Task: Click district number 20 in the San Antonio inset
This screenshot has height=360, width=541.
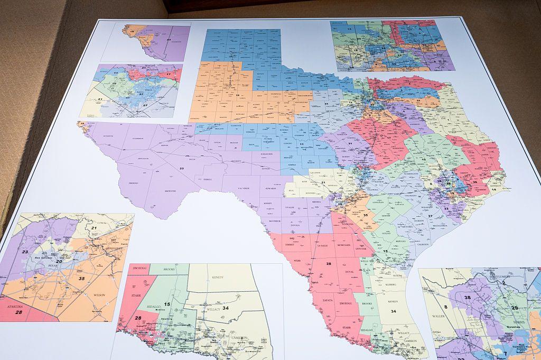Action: (59, 261)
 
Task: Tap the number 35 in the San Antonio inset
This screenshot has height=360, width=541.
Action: (81, 278)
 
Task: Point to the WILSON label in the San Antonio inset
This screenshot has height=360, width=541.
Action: (99, 294)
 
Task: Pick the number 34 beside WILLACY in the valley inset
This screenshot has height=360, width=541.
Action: (225, 308)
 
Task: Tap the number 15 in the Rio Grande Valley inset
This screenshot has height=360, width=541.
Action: (167, 304)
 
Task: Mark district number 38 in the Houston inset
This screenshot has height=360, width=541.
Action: (467, 298)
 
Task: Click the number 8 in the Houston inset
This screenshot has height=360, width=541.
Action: (445, 306)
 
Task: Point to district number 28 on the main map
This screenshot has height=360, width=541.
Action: (329, 263)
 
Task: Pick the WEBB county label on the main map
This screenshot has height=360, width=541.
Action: (297, 261)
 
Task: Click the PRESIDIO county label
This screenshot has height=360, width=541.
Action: (133, 183)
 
